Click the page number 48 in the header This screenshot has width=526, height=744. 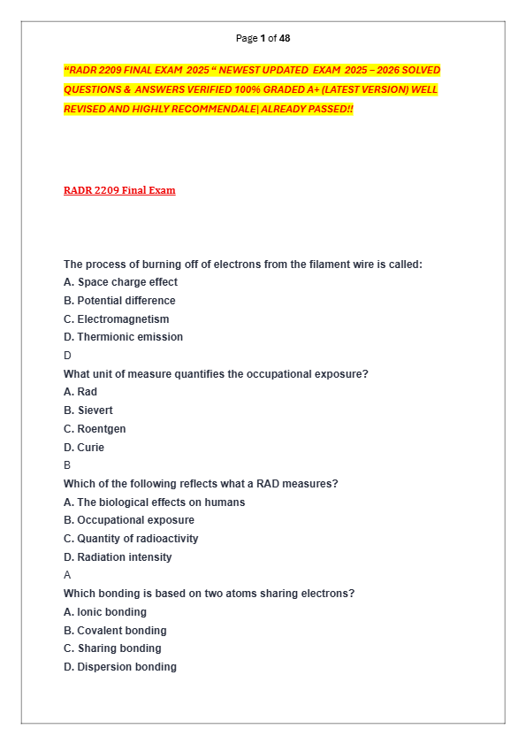284,38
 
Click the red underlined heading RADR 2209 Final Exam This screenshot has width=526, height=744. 119,190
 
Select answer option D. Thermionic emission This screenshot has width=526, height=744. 123,337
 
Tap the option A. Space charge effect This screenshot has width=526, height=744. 120,282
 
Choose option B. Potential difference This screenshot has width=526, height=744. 119,301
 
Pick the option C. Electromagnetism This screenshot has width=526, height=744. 116,319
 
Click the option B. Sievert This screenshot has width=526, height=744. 88,410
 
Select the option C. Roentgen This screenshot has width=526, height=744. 95,429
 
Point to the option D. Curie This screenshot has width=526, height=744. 84,448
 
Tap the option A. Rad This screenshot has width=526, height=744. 80,392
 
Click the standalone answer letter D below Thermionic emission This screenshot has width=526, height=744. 67,356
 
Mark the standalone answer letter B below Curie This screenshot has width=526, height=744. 67,465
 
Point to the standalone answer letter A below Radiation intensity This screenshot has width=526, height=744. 67,575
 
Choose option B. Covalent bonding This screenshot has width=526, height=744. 115,631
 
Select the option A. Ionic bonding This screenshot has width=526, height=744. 105,612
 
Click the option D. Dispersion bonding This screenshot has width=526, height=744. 120,667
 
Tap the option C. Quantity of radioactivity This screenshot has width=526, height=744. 131,539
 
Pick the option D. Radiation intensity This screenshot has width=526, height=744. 118,557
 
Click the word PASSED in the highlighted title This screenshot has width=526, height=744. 328,109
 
